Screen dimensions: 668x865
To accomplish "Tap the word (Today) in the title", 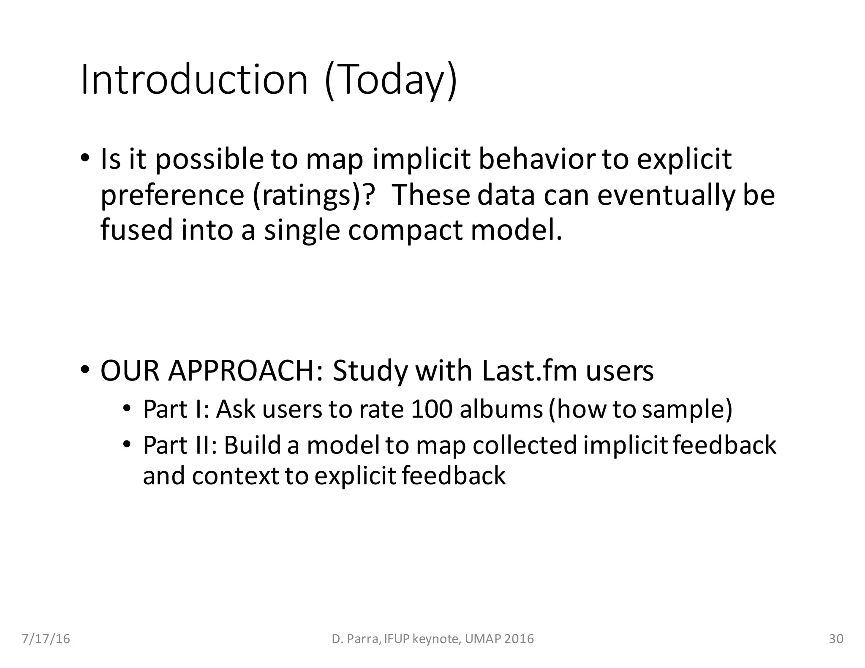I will click(x=391, y=80).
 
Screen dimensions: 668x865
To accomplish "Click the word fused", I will click(x=136, y=230).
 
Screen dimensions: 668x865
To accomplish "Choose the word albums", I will click(x=501, y=409).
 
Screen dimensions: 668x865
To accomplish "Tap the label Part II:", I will click(x=180, y=445).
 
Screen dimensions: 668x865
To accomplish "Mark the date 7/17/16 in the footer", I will click(x=46, y=639).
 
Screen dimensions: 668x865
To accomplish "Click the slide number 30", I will click(x=836, y=639).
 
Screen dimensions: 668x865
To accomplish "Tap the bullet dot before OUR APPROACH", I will click(x=85, y=370).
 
